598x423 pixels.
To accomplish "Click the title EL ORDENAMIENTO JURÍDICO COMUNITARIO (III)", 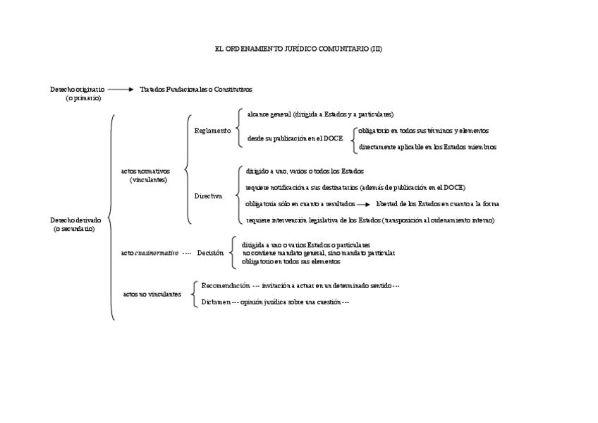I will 298,49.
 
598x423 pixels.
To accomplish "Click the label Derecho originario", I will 78,90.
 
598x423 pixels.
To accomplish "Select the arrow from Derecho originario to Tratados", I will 121,90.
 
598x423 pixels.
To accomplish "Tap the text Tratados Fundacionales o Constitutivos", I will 195,90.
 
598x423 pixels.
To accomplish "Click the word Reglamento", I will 212,131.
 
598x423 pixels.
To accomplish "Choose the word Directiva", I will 209,196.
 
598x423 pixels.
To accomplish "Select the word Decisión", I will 210,252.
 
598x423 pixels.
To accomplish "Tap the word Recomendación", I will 226,285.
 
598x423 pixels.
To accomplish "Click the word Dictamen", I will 216,302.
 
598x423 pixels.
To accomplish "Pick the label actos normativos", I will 145,171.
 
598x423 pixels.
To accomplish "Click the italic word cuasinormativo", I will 157,252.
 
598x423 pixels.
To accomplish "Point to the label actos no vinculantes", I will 152,294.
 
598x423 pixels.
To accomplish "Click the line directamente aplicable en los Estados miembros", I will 427,147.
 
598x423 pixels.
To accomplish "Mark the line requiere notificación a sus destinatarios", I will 355,187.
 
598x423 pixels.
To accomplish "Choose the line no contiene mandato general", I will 319,252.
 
